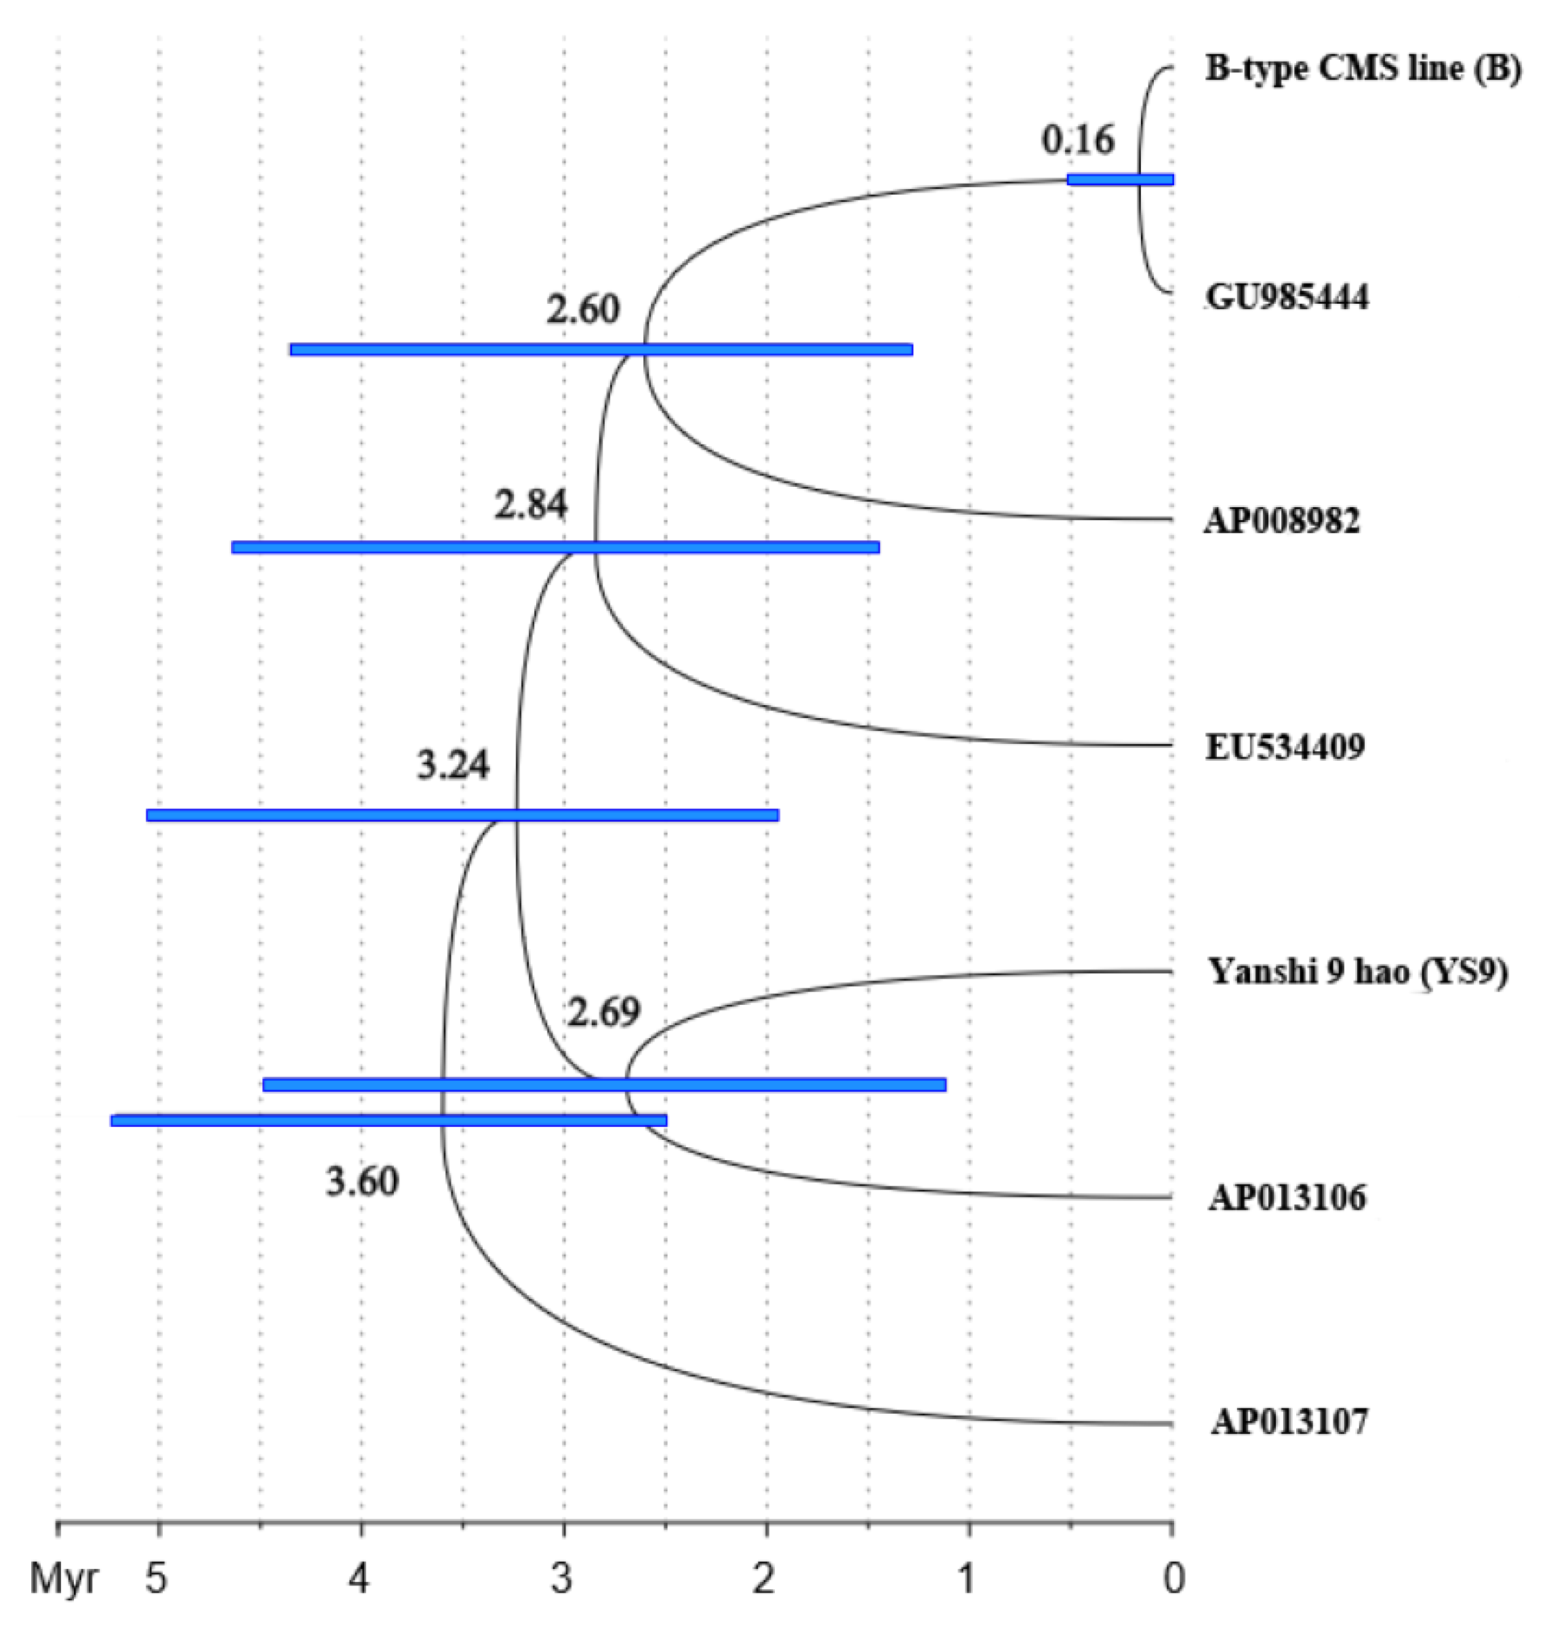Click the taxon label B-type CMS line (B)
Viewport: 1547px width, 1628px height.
pyautogui.click(x=1363, y=69)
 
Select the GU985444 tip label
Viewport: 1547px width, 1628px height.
pyautogui.click(x=1287, y=297)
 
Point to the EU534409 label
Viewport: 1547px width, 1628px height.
pyautogui.click(x=1285, y=747)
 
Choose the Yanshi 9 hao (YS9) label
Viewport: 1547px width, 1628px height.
pyautogui.click(x=1357, y=972)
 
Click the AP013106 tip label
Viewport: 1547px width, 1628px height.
pyautogui.click(x=1287, y=1197)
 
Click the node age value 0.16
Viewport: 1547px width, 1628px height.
pyautogui.click(x=1078, y=140)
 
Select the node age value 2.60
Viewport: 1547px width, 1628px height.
pyautogui.click(x=583, y=310)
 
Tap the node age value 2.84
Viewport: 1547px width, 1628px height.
pyautogui.click(x=531, y=504)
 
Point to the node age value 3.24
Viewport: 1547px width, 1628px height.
pyautogui.click(x=453, y=766)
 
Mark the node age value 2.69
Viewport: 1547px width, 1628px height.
pyautogui.click(x=603, y=1011)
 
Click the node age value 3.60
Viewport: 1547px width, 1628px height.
pyautogui.click(x=362, y=1182)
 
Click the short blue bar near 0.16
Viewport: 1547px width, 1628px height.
pyautogui.click(x=1119, y=180)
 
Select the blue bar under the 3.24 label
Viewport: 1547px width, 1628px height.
pyautogui.click(x=462, y=815)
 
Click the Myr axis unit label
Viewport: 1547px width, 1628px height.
pyautogui.click(x=64, y=1579)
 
